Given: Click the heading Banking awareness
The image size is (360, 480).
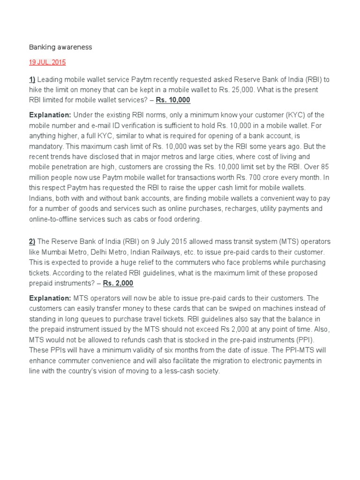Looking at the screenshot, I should pos(60,47).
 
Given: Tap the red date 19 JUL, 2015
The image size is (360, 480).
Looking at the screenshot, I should pos(47,62).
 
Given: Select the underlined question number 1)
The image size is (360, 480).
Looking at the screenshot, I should pos(32,79).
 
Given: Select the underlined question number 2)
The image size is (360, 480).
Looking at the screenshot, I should pos(32,241).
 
